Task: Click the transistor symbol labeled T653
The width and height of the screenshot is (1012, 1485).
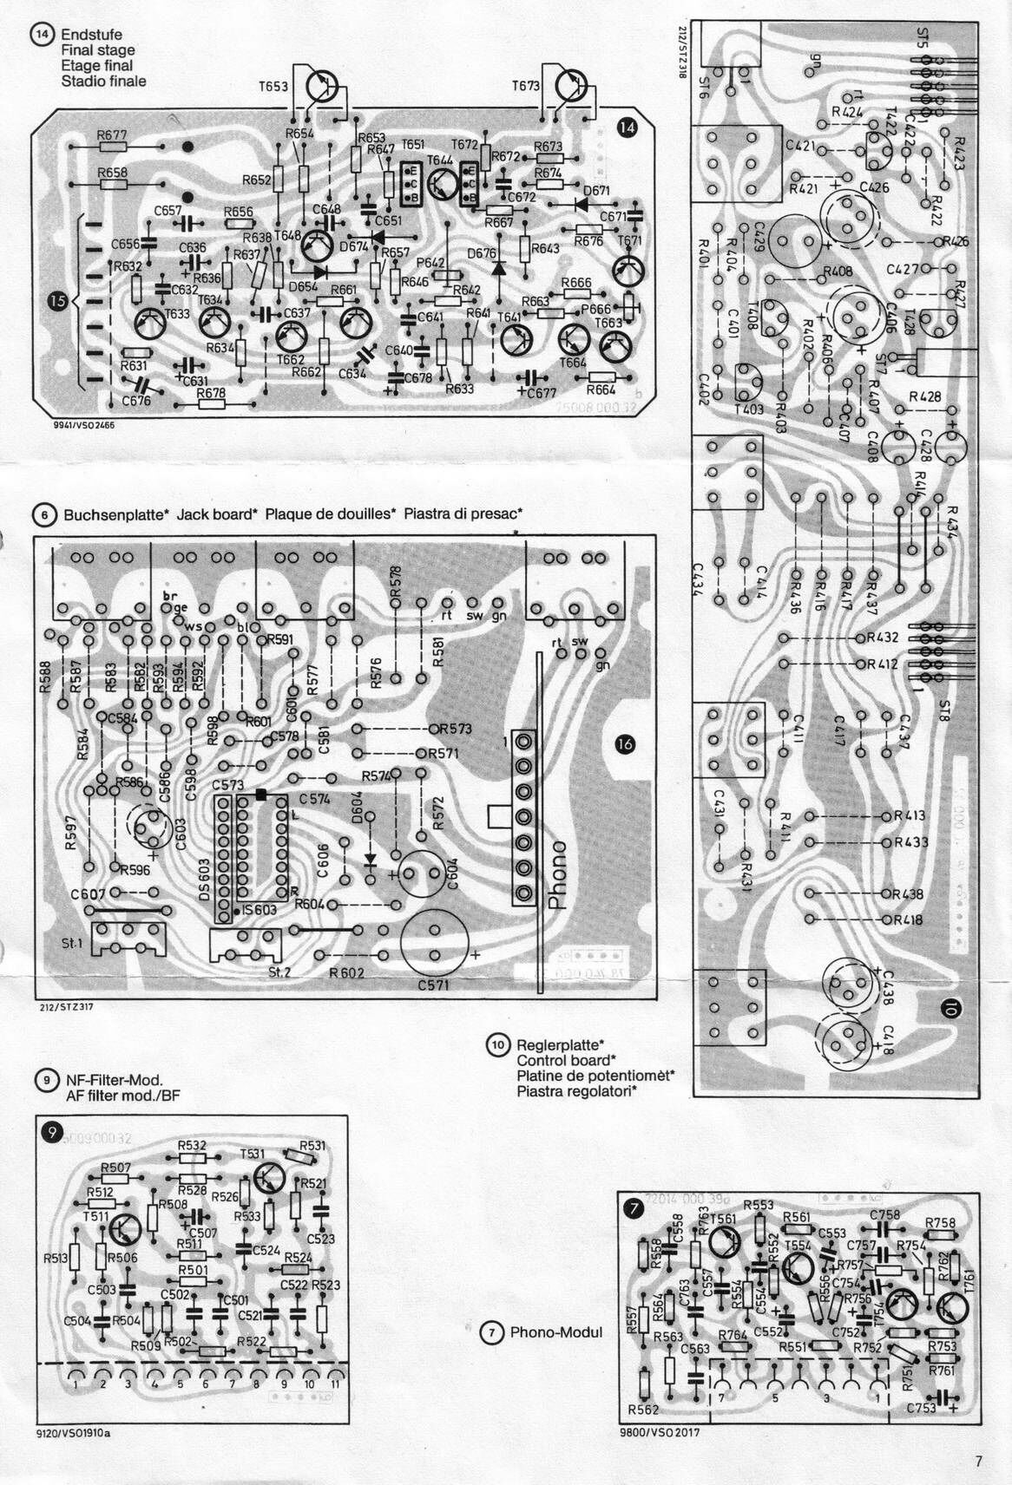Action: (321, 88)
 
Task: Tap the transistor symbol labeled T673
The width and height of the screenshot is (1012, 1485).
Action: (572, 86)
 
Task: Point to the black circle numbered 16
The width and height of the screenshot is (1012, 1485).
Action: (623, 743)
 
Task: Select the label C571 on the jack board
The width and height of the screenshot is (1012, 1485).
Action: (434, 985)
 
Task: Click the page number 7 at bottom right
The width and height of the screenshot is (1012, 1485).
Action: (978, 1462)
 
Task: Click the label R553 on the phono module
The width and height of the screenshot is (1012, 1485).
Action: (758, 1205)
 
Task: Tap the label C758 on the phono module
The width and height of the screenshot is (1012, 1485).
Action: (884, 1214)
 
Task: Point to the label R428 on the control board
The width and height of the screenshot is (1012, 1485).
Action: (925, 396)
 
